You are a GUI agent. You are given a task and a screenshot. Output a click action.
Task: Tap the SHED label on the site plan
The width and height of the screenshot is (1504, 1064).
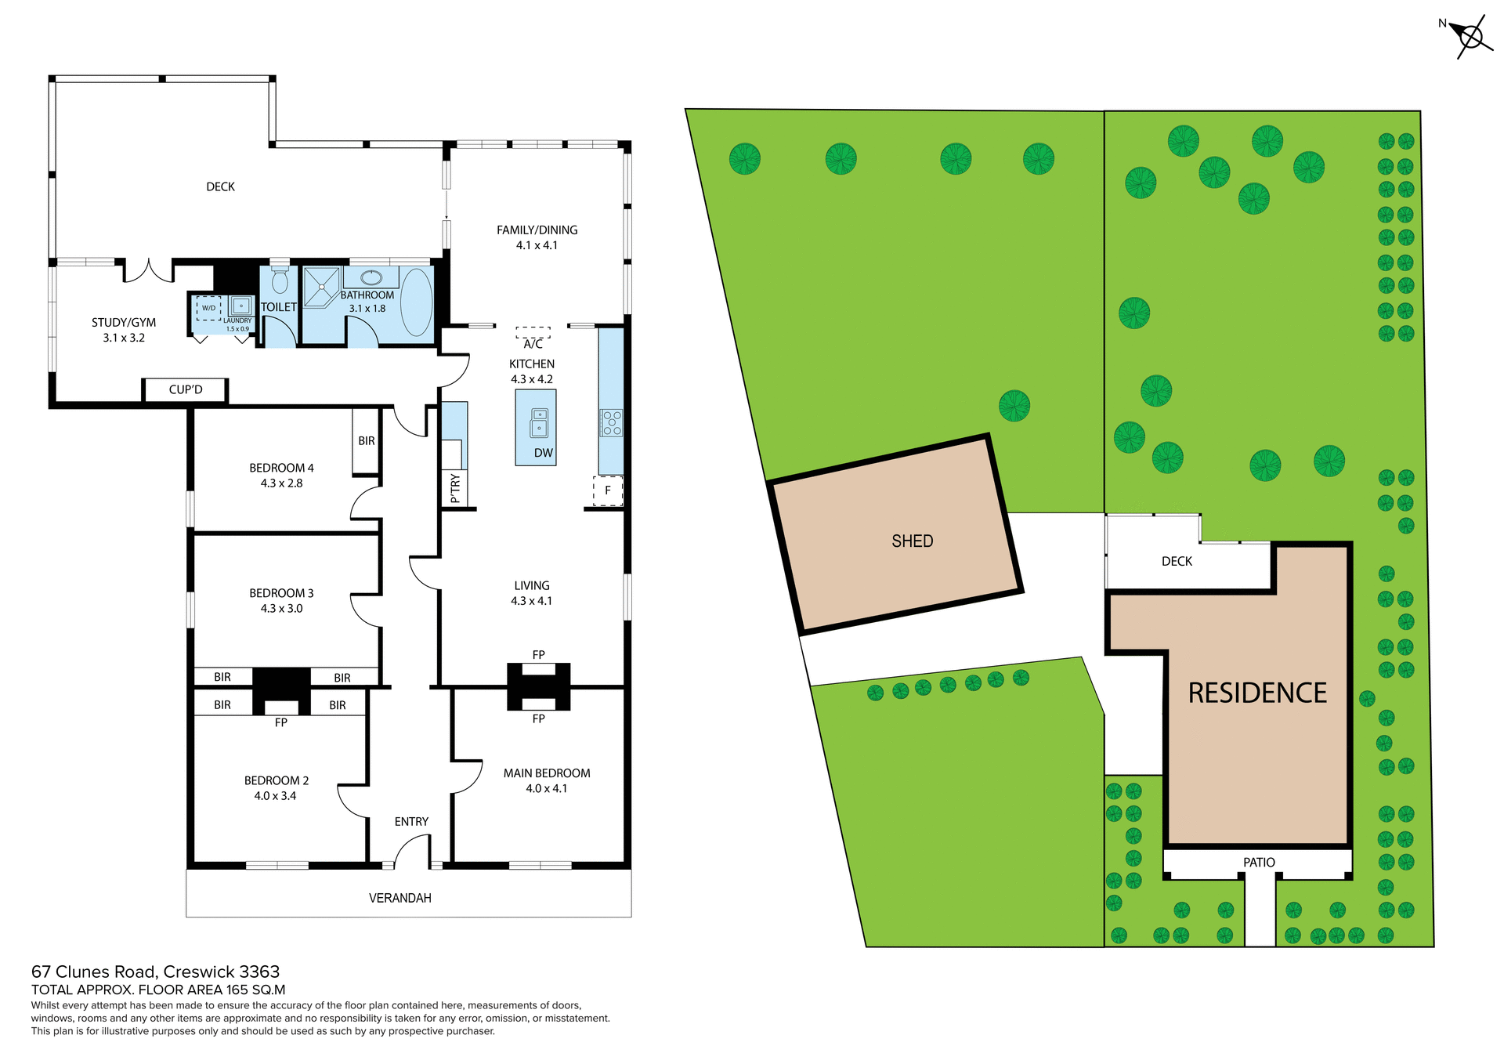click(x=912, y=541)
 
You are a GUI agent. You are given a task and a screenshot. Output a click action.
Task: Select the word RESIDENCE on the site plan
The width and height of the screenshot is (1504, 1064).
click(x=1256, y=693)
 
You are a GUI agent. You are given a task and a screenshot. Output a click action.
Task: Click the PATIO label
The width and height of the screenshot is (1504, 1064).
click(x=1258, y=862)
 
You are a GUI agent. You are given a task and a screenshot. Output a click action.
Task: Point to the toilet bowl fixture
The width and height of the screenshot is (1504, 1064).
click(x=280, y=280)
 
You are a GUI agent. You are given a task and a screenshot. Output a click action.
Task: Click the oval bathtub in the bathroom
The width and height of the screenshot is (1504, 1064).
click(x=417, y=302)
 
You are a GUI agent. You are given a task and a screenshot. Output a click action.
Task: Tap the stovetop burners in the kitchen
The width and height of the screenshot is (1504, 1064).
click(x=612, y=422)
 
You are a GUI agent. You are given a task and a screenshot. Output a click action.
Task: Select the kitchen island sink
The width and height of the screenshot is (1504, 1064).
click(x=539, y=422)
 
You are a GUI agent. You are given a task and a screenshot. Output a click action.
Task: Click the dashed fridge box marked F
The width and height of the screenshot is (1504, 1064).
click(x=607, y=490)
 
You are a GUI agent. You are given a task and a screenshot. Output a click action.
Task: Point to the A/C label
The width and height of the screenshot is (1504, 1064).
click(x=533, y=344)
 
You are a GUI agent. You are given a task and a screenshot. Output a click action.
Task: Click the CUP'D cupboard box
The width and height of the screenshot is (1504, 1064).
click(x=186, y=389)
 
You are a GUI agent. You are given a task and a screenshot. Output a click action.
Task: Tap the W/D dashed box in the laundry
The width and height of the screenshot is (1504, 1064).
click(x=208, y=308)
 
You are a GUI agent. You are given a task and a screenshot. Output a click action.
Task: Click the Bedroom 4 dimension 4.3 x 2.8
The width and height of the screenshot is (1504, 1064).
click(x=281, y=483)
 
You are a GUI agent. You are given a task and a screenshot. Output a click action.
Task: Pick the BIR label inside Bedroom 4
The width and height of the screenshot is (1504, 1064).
click(x=366, y=441)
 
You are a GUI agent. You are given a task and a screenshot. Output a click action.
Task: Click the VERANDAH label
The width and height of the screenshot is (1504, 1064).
click(x=399, y=898)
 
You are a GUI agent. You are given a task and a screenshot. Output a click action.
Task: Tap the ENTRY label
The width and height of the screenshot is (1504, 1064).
click(x=411, y=821)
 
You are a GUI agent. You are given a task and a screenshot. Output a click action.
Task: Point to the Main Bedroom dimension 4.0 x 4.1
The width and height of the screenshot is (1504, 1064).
click(x=546, y=788)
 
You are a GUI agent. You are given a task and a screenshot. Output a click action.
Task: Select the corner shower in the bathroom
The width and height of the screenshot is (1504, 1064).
click(x=321, y=288)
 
